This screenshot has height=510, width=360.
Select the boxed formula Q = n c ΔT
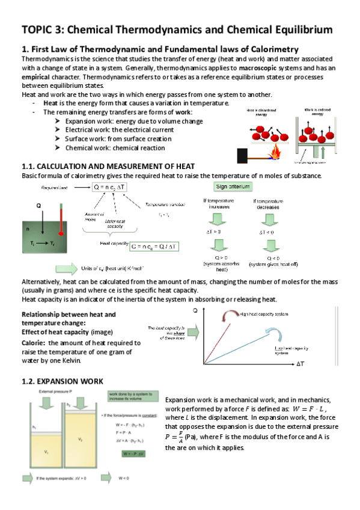click(105, 188)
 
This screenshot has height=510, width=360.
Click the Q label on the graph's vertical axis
click(195, 311)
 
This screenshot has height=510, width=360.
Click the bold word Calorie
click(34, 343)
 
